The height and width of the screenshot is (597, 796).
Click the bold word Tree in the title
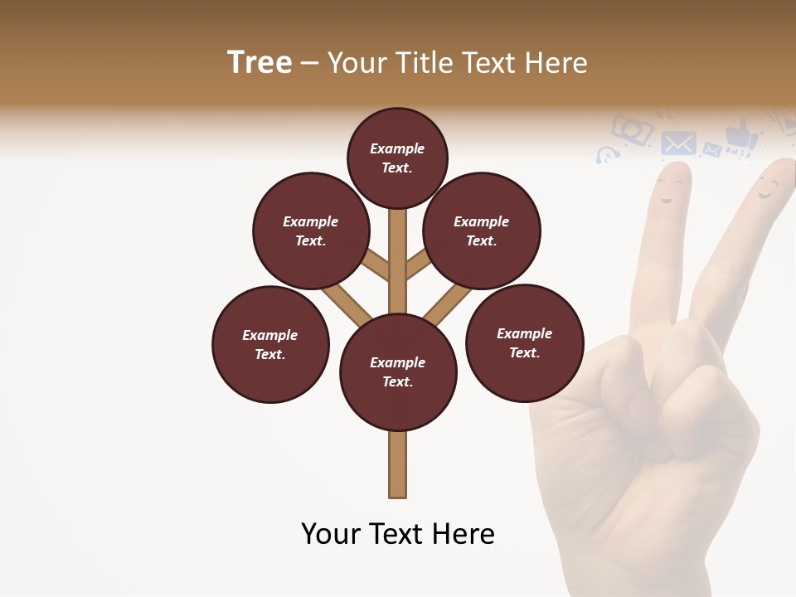coord(260,63)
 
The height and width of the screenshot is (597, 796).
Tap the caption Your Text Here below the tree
coord(397,534)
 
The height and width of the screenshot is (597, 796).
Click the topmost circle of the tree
coord(397,158)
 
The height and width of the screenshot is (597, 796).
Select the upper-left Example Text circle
coord(311,231)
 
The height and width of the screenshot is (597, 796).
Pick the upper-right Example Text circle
coord(482,231)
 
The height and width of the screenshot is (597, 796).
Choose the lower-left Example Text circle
coord(270,344)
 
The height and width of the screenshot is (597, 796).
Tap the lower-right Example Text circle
coord(524,342)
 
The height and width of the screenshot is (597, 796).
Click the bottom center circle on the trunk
coord(398,372)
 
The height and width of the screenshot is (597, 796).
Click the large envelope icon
coord(679,143)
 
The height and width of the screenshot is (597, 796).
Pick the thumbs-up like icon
coord(740,135)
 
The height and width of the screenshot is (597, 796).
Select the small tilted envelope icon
coord(711,150)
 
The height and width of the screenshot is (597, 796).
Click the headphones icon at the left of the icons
coord(607,154)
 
